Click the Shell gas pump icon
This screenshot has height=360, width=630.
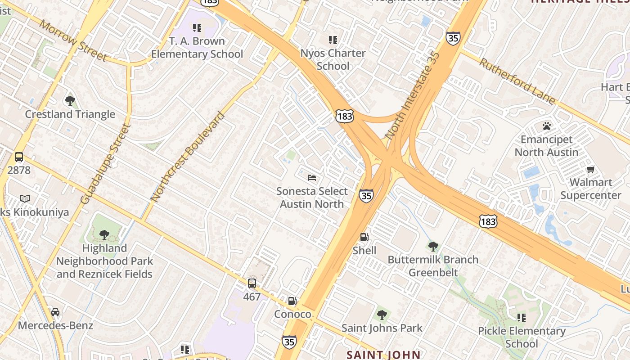(364, 237)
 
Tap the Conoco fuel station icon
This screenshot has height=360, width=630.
(292, 301)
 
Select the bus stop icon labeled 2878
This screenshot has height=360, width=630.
(19, 157)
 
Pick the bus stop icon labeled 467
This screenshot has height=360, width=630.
(252, 283)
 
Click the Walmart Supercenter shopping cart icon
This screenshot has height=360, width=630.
(590, 169)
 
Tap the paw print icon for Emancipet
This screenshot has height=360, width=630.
(547, 126)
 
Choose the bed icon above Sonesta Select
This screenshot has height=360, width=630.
(312, 178)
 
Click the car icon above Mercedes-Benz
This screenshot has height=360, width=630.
(55, 312)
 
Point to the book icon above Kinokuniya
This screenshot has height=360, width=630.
(25, 198)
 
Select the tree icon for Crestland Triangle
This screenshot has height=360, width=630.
(70, 100)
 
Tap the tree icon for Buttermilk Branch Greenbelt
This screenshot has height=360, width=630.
(433, 246)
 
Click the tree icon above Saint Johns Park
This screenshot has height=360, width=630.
(382, 315)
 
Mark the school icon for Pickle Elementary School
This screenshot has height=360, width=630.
(522, 318)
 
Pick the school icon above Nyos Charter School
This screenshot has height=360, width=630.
(333, 40)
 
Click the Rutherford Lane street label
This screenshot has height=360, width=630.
(517, 81)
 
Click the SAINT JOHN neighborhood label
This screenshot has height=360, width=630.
(383, 355)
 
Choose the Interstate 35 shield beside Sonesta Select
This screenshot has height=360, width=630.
(366, 196)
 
